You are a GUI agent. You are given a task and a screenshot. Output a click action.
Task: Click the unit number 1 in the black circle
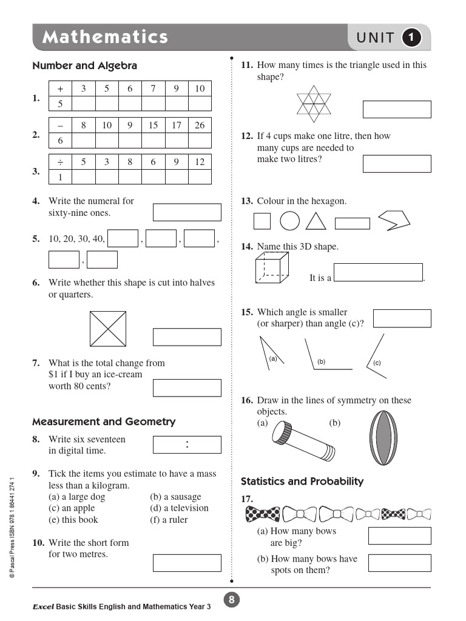[x=412, y=38]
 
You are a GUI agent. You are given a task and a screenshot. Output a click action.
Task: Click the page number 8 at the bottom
[x=231, y=600]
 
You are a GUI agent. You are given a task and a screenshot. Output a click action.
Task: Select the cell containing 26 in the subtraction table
[x=200, y=126]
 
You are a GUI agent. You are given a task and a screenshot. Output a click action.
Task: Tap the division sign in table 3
[x=60, y=162]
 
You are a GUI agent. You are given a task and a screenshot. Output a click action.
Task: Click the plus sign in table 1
[x=60, y=89]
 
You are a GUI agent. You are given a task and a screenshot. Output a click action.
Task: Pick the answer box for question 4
[x=187, y=212]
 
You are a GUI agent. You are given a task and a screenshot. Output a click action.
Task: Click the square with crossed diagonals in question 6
[x=107, y=328]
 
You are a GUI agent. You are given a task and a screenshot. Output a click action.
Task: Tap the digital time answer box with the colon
[x=187, y=445]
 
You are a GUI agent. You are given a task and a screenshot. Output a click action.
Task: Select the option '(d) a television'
[x=179, y=508]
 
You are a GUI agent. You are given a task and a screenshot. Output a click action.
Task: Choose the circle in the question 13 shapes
[x=290, y=221]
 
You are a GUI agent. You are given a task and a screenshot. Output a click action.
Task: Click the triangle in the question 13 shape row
[x=316, y=221]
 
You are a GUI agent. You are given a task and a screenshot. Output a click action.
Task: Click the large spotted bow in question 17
[x=263, y=515]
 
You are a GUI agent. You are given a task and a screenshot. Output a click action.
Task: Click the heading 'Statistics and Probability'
[x=302, y=482]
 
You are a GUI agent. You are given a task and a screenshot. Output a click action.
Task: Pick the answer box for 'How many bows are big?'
[x=399, y=536]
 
